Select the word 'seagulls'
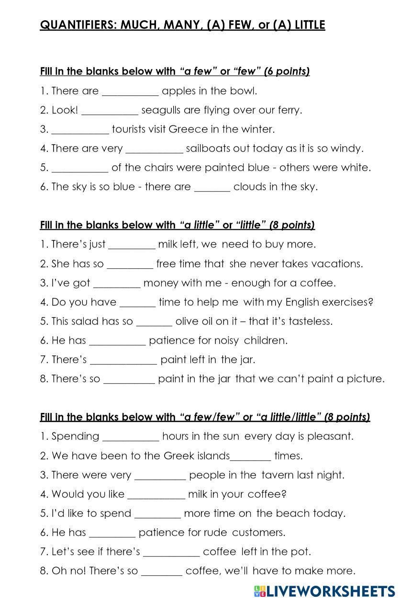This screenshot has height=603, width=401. [x=161, y=111]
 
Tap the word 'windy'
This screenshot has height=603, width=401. [x=348, y=148]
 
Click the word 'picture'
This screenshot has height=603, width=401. [x=365, y=379]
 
